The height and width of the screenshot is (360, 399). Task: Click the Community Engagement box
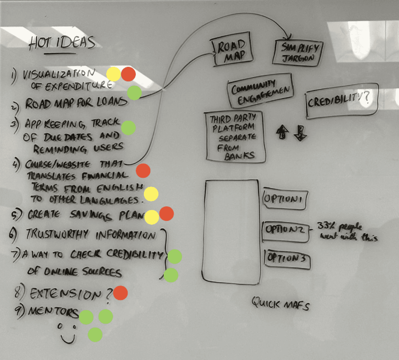(x=261, y=91)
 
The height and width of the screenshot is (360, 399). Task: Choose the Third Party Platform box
(x=235, y=137)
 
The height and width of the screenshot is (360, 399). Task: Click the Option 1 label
(x=284, y=200)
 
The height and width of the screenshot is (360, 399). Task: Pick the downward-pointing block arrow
(x=300, y=133)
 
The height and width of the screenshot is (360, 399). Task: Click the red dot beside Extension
(x=120, y=293)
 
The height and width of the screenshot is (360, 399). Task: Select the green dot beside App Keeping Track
(x=128, y=128)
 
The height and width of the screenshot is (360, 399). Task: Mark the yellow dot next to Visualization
(x=113, y=74)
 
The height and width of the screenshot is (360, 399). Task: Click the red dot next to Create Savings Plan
(x=167, y=214)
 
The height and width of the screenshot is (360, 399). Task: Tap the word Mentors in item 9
(x=53, y=311)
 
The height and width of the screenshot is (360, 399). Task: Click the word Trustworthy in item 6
(x=57, y=234)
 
